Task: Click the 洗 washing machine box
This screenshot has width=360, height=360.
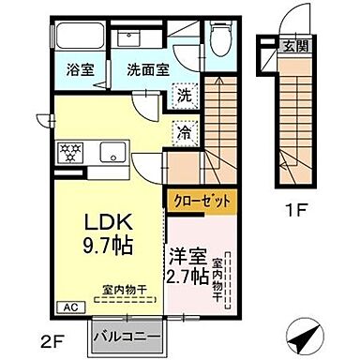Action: click(x=186, y=95)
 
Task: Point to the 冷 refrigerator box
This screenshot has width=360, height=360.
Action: click(x=186, y=133)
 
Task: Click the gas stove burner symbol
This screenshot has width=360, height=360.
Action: click(x=71, y=150)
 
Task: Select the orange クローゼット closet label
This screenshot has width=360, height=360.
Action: click(x=202, y=201)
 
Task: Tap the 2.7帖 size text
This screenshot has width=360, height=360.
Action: click(x=187, y=277)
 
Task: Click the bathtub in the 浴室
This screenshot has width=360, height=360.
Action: click(x=78, y=37)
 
